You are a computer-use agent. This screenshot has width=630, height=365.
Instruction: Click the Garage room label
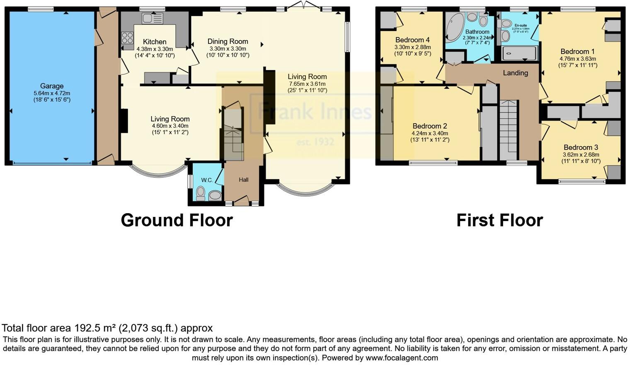(x=52, y=86)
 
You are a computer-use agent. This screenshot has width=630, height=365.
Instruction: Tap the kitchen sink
(x=152, y=18)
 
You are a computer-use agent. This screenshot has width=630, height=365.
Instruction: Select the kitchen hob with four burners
(x=127, y=38)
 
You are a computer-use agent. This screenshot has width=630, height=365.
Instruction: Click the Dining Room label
(x=228, y=41)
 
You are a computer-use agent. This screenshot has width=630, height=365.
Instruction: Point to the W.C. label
(x=207, y=180)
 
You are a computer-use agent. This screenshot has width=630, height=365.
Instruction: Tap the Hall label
(x=244, y=180)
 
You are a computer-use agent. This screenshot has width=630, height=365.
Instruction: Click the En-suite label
(x=521, y=25)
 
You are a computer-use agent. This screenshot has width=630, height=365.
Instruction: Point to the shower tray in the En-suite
(x=519, y=53)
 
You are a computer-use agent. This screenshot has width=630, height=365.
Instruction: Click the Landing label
(x=515, y=73)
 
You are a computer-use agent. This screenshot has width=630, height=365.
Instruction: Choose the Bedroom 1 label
(x=577, y=51)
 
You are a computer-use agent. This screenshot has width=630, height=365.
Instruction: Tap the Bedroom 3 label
(x=581, y=147)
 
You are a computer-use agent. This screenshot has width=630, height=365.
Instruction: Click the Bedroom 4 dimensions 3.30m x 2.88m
(x=412, y=47)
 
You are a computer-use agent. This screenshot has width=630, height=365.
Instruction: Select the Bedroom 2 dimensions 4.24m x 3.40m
(x=430, y=134)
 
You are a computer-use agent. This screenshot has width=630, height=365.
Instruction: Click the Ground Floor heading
(x=177, y=220)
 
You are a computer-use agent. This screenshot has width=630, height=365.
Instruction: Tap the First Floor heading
(x=499, y=220)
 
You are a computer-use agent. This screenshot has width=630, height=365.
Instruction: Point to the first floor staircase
(x=508, y=129)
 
